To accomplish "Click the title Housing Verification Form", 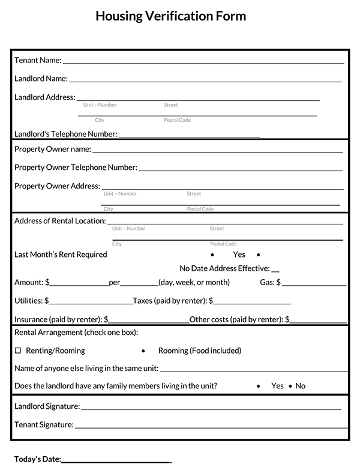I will [x=170, y=16].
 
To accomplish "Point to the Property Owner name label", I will [x=52, y=149].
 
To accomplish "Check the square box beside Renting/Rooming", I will [x=17, y=351].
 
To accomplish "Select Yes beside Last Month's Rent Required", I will [x=239, y=255].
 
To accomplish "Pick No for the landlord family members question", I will [x=300, y=386].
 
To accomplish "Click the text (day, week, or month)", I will [x=194, y=282].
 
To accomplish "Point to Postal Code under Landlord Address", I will [x=177, y=121].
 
